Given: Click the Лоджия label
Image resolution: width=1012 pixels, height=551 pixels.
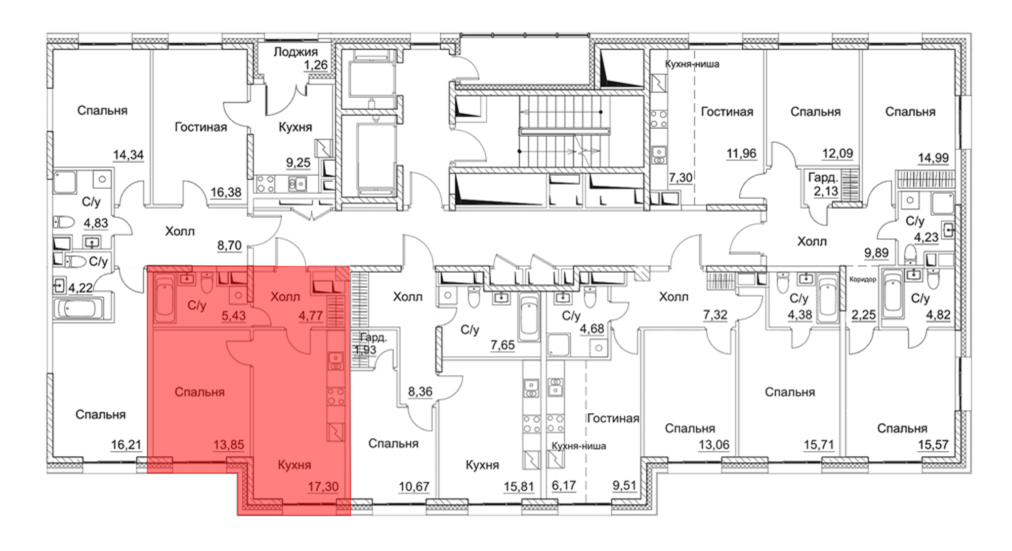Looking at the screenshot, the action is click(296, 52).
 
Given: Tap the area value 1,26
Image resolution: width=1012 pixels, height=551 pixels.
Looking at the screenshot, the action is click(316, 65).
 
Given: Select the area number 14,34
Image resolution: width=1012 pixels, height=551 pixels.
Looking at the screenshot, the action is click(128, 155).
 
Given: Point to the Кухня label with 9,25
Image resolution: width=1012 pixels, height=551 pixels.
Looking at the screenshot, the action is click(296, 127).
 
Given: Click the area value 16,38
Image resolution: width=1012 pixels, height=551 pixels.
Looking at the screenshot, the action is click(226, 192).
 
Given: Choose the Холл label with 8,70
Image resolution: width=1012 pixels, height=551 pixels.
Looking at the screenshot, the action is click(180, 231).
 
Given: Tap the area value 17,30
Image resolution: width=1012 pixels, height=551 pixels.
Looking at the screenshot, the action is click(323, 486).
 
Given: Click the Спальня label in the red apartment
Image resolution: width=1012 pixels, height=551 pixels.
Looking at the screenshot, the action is click(199, 392).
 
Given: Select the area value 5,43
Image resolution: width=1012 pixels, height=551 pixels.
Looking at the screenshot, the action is click(234, 316).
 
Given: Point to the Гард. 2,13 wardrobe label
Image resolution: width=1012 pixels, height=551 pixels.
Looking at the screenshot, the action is click(823, 184).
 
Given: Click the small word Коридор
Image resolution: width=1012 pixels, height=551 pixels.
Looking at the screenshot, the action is click(863, 279).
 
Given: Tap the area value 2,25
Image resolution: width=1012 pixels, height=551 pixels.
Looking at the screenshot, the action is click(863, 314).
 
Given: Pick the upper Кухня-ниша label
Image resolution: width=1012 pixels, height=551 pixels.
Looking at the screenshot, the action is click(692, 64).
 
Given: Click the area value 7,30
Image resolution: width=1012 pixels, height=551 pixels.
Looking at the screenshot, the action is click(681, 177).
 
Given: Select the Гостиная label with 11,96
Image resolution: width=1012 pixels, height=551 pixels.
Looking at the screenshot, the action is click(727, 112).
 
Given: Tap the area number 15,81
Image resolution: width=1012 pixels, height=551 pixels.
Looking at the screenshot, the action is click(519, 486).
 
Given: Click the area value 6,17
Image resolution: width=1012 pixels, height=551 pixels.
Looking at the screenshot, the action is click(564, 485).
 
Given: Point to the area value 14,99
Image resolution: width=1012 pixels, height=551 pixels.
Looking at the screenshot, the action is click(934, 158).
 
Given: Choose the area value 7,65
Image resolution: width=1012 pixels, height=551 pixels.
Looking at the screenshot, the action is click(502, 345).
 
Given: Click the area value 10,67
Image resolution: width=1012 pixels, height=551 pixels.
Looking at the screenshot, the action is click(414, 486).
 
